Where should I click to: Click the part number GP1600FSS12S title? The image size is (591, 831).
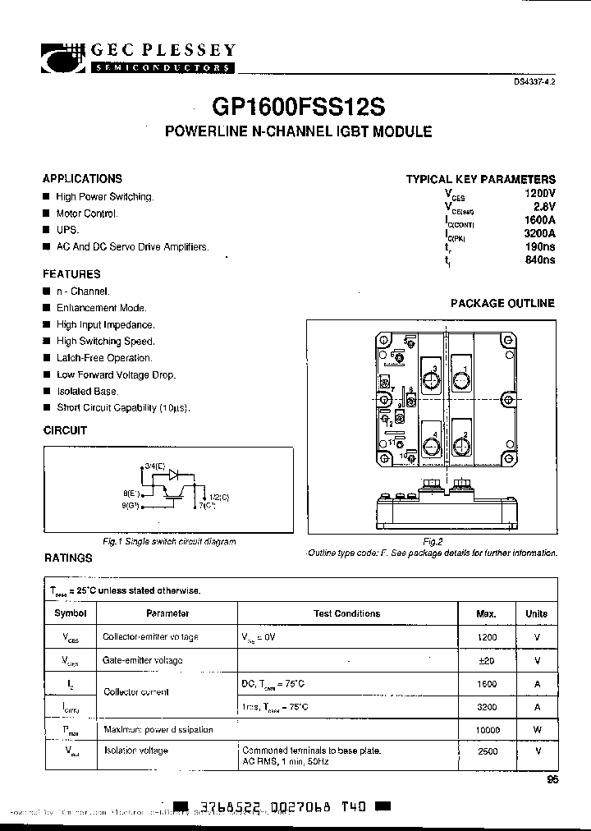point(298,108)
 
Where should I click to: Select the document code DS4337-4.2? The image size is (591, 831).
point(534,84)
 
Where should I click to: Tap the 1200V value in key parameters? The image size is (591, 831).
point(539,193)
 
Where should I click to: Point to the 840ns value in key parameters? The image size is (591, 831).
point(539,259)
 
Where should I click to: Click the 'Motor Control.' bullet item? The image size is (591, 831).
point(87,213)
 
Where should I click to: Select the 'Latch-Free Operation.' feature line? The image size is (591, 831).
point(104,358)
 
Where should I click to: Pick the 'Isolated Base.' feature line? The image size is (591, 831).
point(87,392)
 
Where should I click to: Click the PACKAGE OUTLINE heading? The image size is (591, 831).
point(502,303)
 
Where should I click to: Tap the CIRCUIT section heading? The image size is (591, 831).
point(65,430)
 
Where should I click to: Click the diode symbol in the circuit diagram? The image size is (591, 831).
point(173,475)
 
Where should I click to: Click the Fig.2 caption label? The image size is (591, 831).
point(433,542)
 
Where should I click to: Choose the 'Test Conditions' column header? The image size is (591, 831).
point(346,613)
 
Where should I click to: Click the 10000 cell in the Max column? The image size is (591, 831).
point(486,729)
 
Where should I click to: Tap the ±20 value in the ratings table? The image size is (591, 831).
point(486,660)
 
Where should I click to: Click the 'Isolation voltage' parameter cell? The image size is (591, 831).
point(135,751)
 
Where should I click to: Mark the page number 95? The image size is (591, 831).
point(551,781)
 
